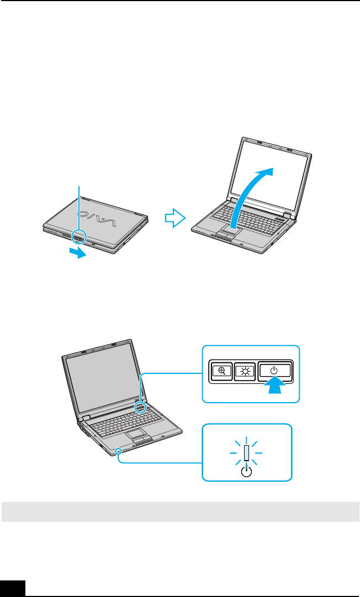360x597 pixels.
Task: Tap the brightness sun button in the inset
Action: tap(243, 372)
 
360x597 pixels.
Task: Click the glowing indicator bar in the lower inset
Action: tap(247, 452)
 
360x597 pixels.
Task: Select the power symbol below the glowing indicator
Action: tap(247, 471)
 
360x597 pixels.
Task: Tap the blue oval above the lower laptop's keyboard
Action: tap(141, 408)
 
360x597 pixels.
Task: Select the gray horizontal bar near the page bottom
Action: tap(180, 511)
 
